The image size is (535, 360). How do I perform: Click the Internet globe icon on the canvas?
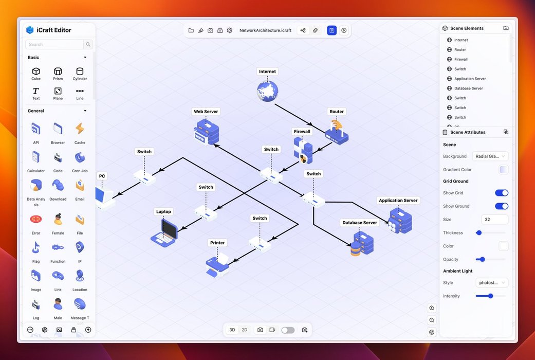(x=267, y=91)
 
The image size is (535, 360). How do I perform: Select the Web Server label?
(x=206, y=112)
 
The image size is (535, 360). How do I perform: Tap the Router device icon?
(x=337, y=133)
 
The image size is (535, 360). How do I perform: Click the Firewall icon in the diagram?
(x=303, y=151)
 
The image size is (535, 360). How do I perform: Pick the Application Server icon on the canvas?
(x=400, y=220)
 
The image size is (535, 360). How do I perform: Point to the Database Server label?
(x=360, y=223)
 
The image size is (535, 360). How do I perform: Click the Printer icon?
(x=217, y=263)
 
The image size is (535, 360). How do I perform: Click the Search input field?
(x=55, y=45)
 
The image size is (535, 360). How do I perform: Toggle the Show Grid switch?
(x=501, y=193)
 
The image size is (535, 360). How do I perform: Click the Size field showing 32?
(x=494, y=220)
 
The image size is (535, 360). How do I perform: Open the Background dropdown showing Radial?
(x=490, y=156)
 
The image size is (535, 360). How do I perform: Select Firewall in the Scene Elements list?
(x=460, y=60)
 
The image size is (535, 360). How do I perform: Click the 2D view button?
(x=245, y=330)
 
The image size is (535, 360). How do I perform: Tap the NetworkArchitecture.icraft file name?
(x=265, y=30)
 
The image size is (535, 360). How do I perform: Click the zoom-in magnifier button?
(x=432, y=308)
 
